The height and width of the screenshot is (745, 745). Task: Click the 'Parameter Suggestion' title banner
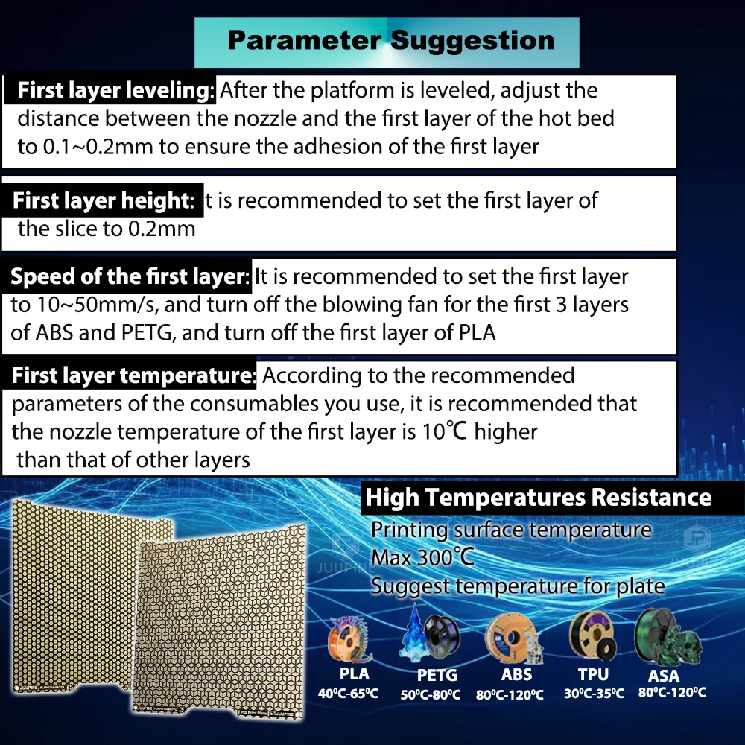pyautogui.click(x=387, y=42)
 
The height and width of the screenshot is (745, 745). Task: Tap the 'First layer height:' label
pyautogui.click(x=103, y=200)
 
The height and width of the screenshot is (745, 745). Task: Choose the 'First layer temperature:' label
pyautogui.click(x=133, y=375)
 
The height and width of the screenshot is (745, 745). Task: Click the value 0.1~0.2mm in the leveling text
pyautogui.click(x=98, y=147)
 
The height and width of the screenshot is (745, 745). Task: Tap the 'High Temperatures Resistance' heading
pyautogui.click(x=539, y=498)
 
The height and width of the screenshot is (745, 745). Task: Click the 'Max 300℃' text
pyautogui.click(x=422, y=558)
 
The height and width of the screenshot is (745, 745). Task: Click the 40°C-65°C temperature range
pyautogui.click(x=348, y=694)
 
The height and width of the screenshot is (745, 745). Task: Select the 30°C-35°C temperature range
pyautogui.click(x=594, y=694)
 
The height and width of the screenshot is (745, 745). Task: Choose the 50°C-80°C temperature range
pyautogui.click(x=431, y=694)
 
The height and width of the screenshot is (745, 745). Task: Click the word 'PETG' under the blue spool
pyautogui.click(x=437, y=675)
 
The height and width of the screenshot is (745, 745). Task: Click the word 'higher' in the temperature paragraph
pyautogui.click(x=506, y=432)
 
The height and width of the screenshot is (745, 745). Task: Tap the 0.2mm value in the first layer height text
pyautogui.click(x=162, y=229)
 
